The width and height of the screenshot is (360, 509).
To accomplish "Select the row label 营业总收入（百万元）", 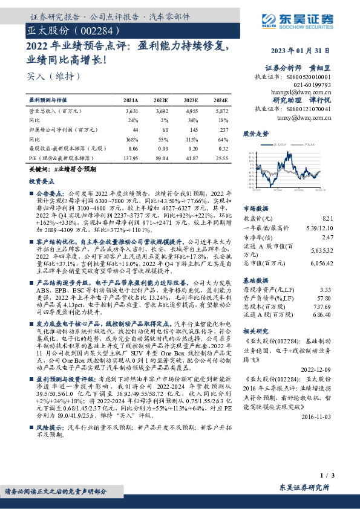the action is pyautogui.click(x=55, y=112).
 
